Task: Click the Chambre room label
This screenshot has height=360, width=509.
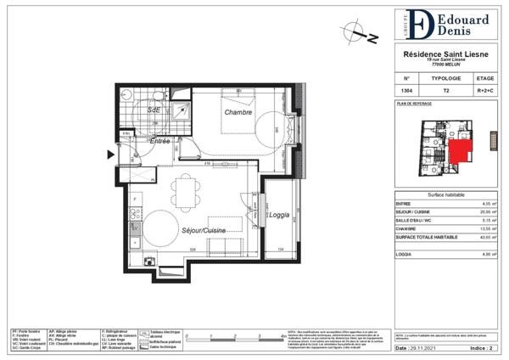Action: [x=240, y=112]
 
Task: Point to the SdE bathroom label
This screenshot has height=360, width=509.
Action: [x=154, y=110]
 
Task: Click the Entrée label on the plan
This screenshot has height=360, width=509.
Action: [x=160, y=142]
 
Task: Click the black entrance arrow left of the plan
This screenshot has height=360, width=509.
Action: [x=110, y=155]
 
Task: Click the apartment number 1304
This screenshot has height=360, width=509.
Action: [x=408, y=90]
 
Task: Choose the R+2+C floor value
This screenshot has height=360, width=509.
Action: [x=485, y=90]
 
